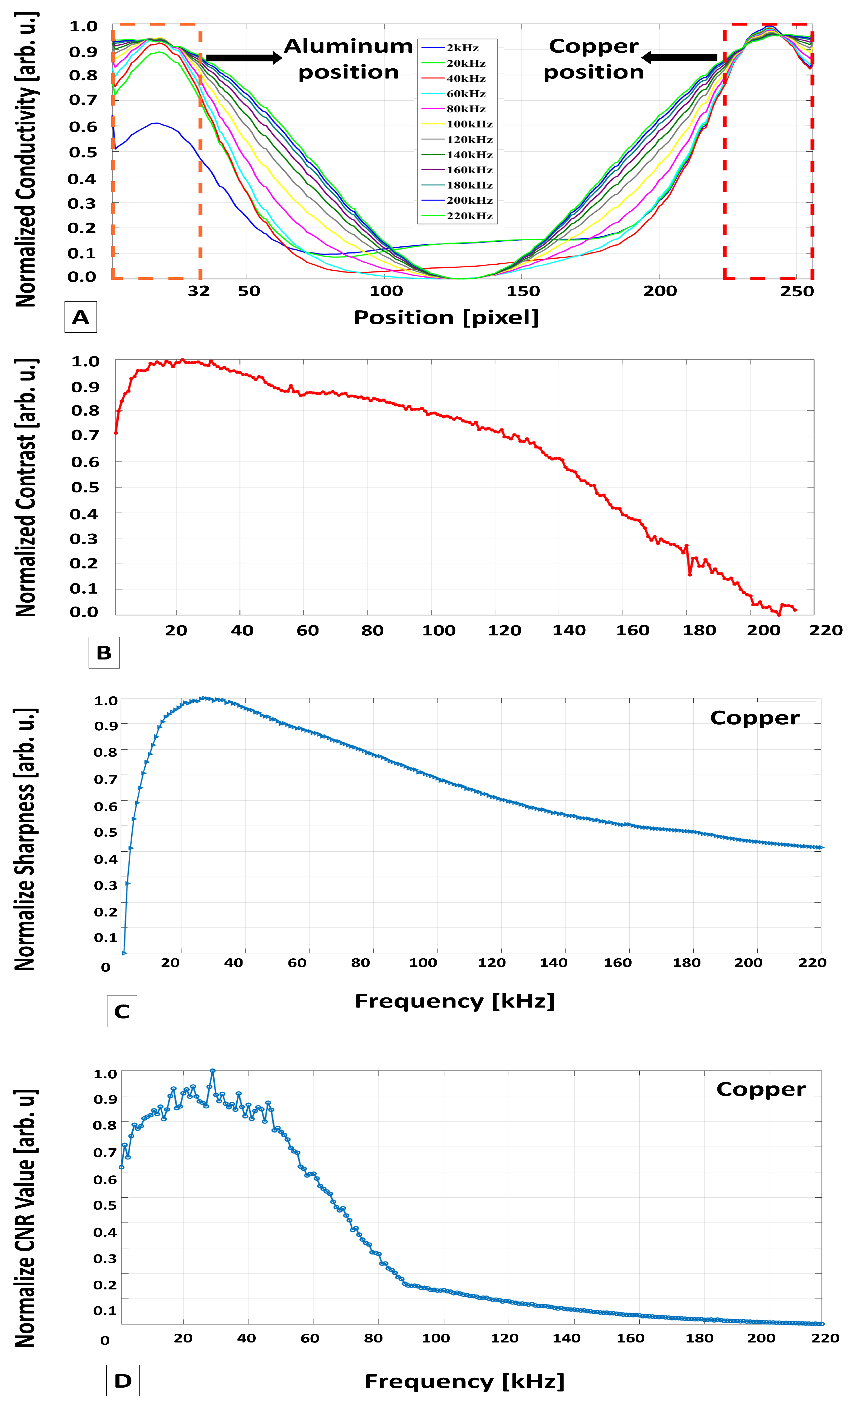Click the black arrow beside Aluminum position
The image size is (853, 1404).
click(x=244, y=57)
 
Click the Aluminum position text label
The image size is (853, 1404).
click(x=348, y=59)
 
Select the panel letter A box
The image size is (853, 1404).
click(x=80, y=317)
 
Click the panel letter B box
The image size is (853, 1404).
click(x=104, y=652)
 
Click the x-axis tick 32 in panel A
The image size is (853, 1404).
click(x=199, y=291)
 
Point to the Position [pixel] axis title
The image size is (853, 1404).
click(x=446, y=317)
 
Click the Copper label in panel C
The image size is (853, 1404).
click(x=754, y=718)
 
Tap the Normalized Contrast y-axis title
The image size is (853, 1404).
click(x=26, y=488)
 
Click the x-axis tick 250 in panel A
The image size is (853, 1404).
click(x=797, y=291)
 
